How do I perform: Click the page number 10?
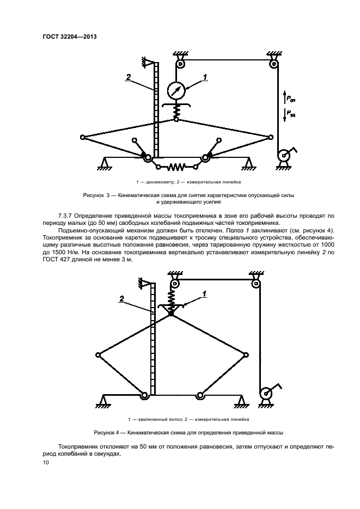point(46,463)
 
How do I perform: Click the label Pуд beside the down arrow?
point(292,114)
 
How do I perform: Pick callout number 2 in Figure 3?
point(128,78)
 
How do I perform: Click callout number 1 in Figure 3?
point(205,77)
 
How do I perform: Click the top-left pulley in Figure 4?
point(175,284)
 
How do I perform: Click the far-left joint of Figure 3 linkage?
point(82,136)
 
